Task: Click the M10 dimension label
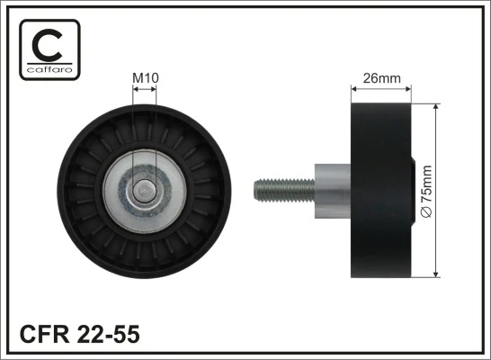pyautogui.click(x=146, y=78)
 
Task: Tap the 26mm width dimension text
pyautogui.click(x=381, y=78)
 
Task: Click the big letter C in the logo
pyautogui.click(x=49, y=43)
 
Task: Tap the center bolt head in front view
pyautogui.click(x=144, y=190)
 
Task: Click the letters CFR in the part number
pyautogui.click(x=40, y=334)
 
